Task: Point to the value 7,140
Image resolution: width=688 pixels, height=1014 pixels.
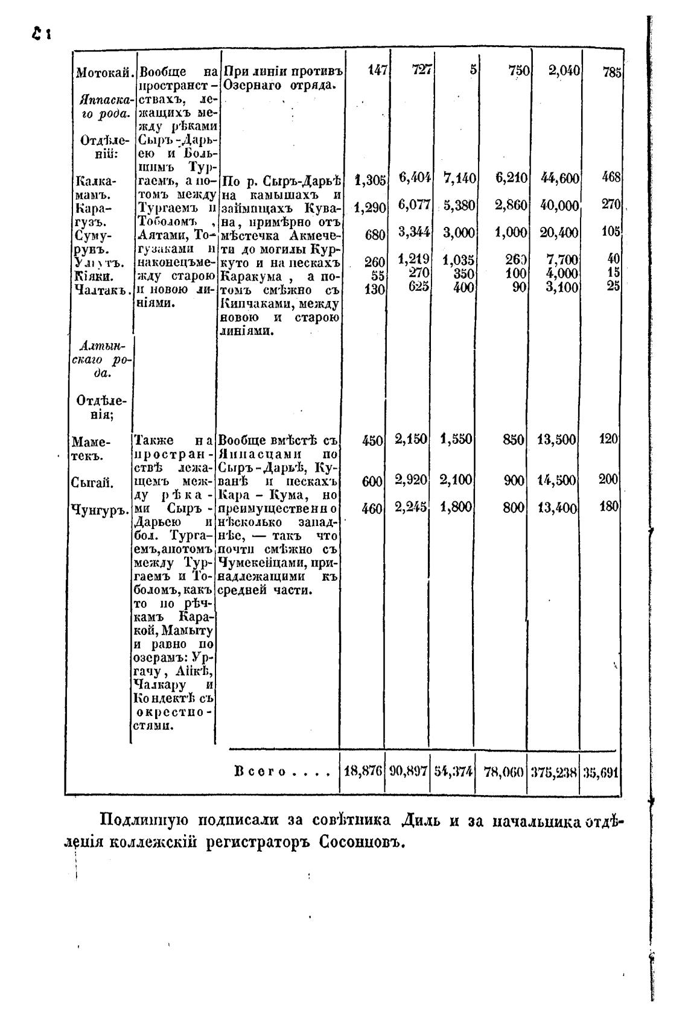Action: (459, 178)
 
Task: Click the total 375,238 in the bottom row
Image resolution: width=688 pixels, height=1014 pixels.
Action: (553, 773)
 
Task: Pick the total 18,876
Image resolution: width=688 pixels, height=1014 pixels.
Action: (362, 772)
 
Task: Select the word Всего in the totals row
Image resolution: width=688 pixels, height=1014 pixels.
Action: (260, 772)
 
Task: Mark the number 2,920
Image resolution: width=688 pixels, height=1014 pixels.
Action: (411, 481)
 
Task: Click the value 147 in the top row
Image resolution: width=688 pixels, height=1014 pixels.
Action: (377, 71)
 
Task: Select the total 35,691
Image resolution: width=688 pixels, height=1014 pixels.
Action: (600, 773)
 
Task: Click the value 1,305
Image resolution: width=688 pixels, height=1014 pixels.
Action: (370, 179)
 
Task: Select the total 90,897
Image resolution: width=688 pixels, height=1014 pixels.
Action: (408, 772)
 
